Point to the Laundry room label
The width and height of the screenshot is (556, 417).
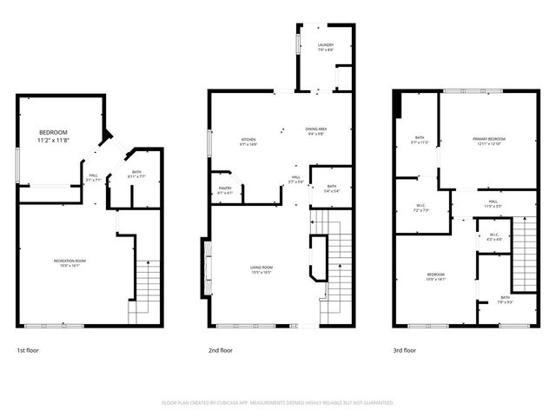pyautogui.click(x=326, y=47)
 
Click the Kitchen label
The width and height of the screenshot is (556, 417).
pyautogui.click(x=248, y=142)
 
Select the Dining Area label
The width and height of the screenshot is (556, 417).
pyautogui.click(x=315, y=132)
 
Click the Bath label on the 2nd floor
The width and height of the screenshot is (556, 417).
pyautogui.click(x=331, y=189)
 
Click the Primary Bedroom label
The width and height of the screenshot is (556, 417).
pyautogui.click(x=489, y=142)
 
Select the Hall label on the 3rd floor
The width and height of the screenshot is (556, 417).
pyautogui.click(x=493, y=203)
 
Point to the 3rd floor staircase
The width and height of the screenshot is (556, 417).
pyautogui.click(x=525, y=253)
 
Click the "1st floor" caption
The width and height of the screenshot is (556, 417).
pyautogui.click(x=28, y=351)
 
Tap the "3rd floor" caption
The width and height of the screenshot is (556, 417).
pyautogui.click(x=405, y=351)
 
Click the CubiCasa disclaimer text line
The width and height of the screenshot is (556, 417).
pyautogui.click(x=278, y=403)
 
